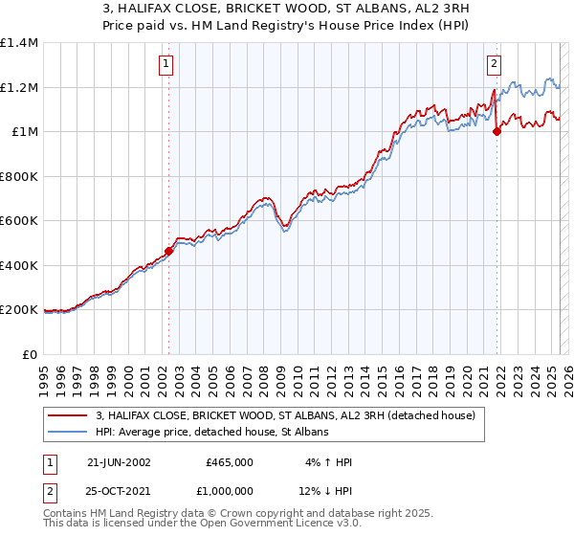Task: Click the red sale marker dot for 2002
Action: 169,251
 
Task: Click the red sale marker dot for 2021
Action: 497,132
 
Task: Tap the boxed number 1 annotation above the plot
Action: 166,64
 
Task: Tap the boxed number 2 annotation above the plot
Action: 494,64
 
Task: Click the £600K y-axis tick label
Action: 18,221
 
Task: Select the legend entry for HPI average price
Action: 211,433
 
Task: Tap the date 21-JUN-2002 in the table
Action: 119,462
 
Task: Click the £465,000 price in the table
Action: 230,462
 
